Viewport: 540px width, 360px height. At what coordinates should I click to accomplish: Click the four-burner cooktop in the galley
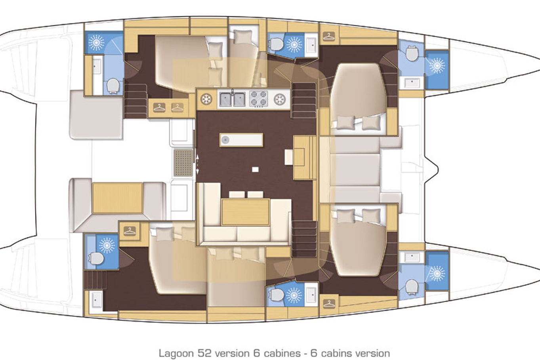258,99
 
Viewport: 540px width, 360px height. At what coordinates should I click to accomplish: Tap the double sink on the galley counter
232,99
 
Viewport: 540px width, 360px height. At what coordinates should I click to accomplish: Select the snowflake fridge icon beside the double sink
206,99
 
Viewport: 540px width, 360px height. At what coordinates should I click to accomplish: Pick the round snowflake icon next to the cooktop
280,99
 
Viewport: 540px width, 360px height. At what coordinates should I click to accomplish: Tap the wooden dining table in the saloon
245,212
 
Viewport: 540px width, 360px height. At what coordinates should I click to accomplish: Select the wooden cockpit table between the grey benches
117,198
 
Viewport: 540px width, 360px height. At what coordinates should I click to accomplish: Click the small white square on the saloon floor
255,170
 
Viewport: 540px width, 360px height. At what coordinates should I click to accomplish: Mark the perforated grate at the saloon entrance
183,162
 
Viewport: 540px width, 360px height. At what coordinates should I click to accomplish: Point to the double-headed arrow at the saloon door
197,164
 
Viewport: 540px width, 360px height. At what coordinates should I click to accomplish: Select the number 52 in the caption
204,354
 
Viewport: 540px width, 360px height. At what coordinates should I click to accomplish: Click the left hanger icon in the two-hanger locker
159,107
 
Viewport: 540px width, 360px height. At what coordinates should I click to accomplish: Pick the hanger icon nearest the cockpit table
130,231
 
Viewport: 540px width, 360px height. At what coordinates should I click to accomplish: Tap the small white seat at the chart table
289,157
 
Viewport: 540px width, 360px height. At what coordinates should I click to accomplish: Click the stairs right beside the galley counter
304,100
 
